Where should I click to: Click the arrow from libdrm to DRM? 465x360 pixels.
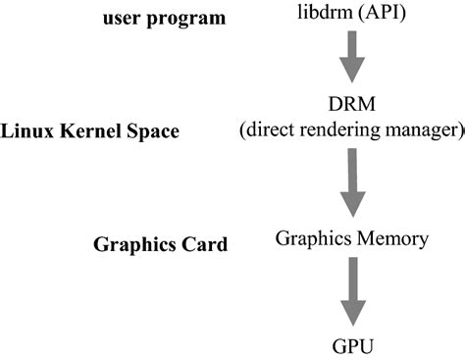[x=350, y=60]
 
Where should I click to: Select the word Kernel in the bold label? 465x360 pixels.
[x=93, y=129]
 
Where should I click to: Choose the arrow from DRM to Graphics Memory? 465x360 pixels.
[x=350, y=185]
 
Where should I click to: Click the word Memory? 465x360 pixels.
[x=390, y=239]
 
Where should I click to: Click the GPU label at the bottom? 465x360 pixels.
[x=350, y=345]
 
